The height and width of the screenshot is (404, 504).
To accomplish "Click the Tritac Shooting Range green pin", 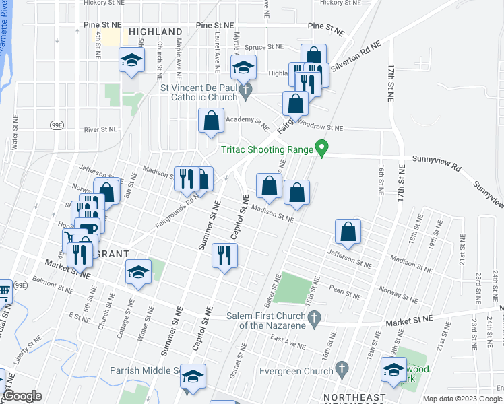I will click(322, 148).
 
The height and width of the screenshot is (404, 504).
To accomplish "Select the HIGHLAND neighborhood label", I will click(155, 32).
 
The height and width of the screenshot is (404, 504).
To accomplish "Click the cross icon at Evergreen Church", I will click(342, 368).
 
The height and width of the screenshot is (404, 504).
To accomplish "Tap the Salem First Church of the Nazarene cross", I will click(313, 316).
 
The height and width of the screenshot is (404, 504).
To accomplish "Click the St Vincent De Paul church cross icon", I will click(246, 89).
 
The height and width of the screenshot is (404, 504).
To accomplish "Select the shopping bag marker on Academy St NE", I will click(211, 121).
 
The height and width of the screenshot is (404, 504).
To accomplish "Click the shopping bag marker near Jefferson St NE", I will click(348, 232).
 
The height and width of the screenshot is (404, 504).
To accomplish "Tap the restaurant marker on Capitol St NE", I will click(224, 256).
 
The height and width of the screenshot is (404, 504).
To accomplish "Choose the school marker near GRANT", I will click(138, 273).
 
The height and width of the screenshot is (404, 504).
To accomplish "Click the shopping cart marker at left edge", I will click(3, 292).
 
